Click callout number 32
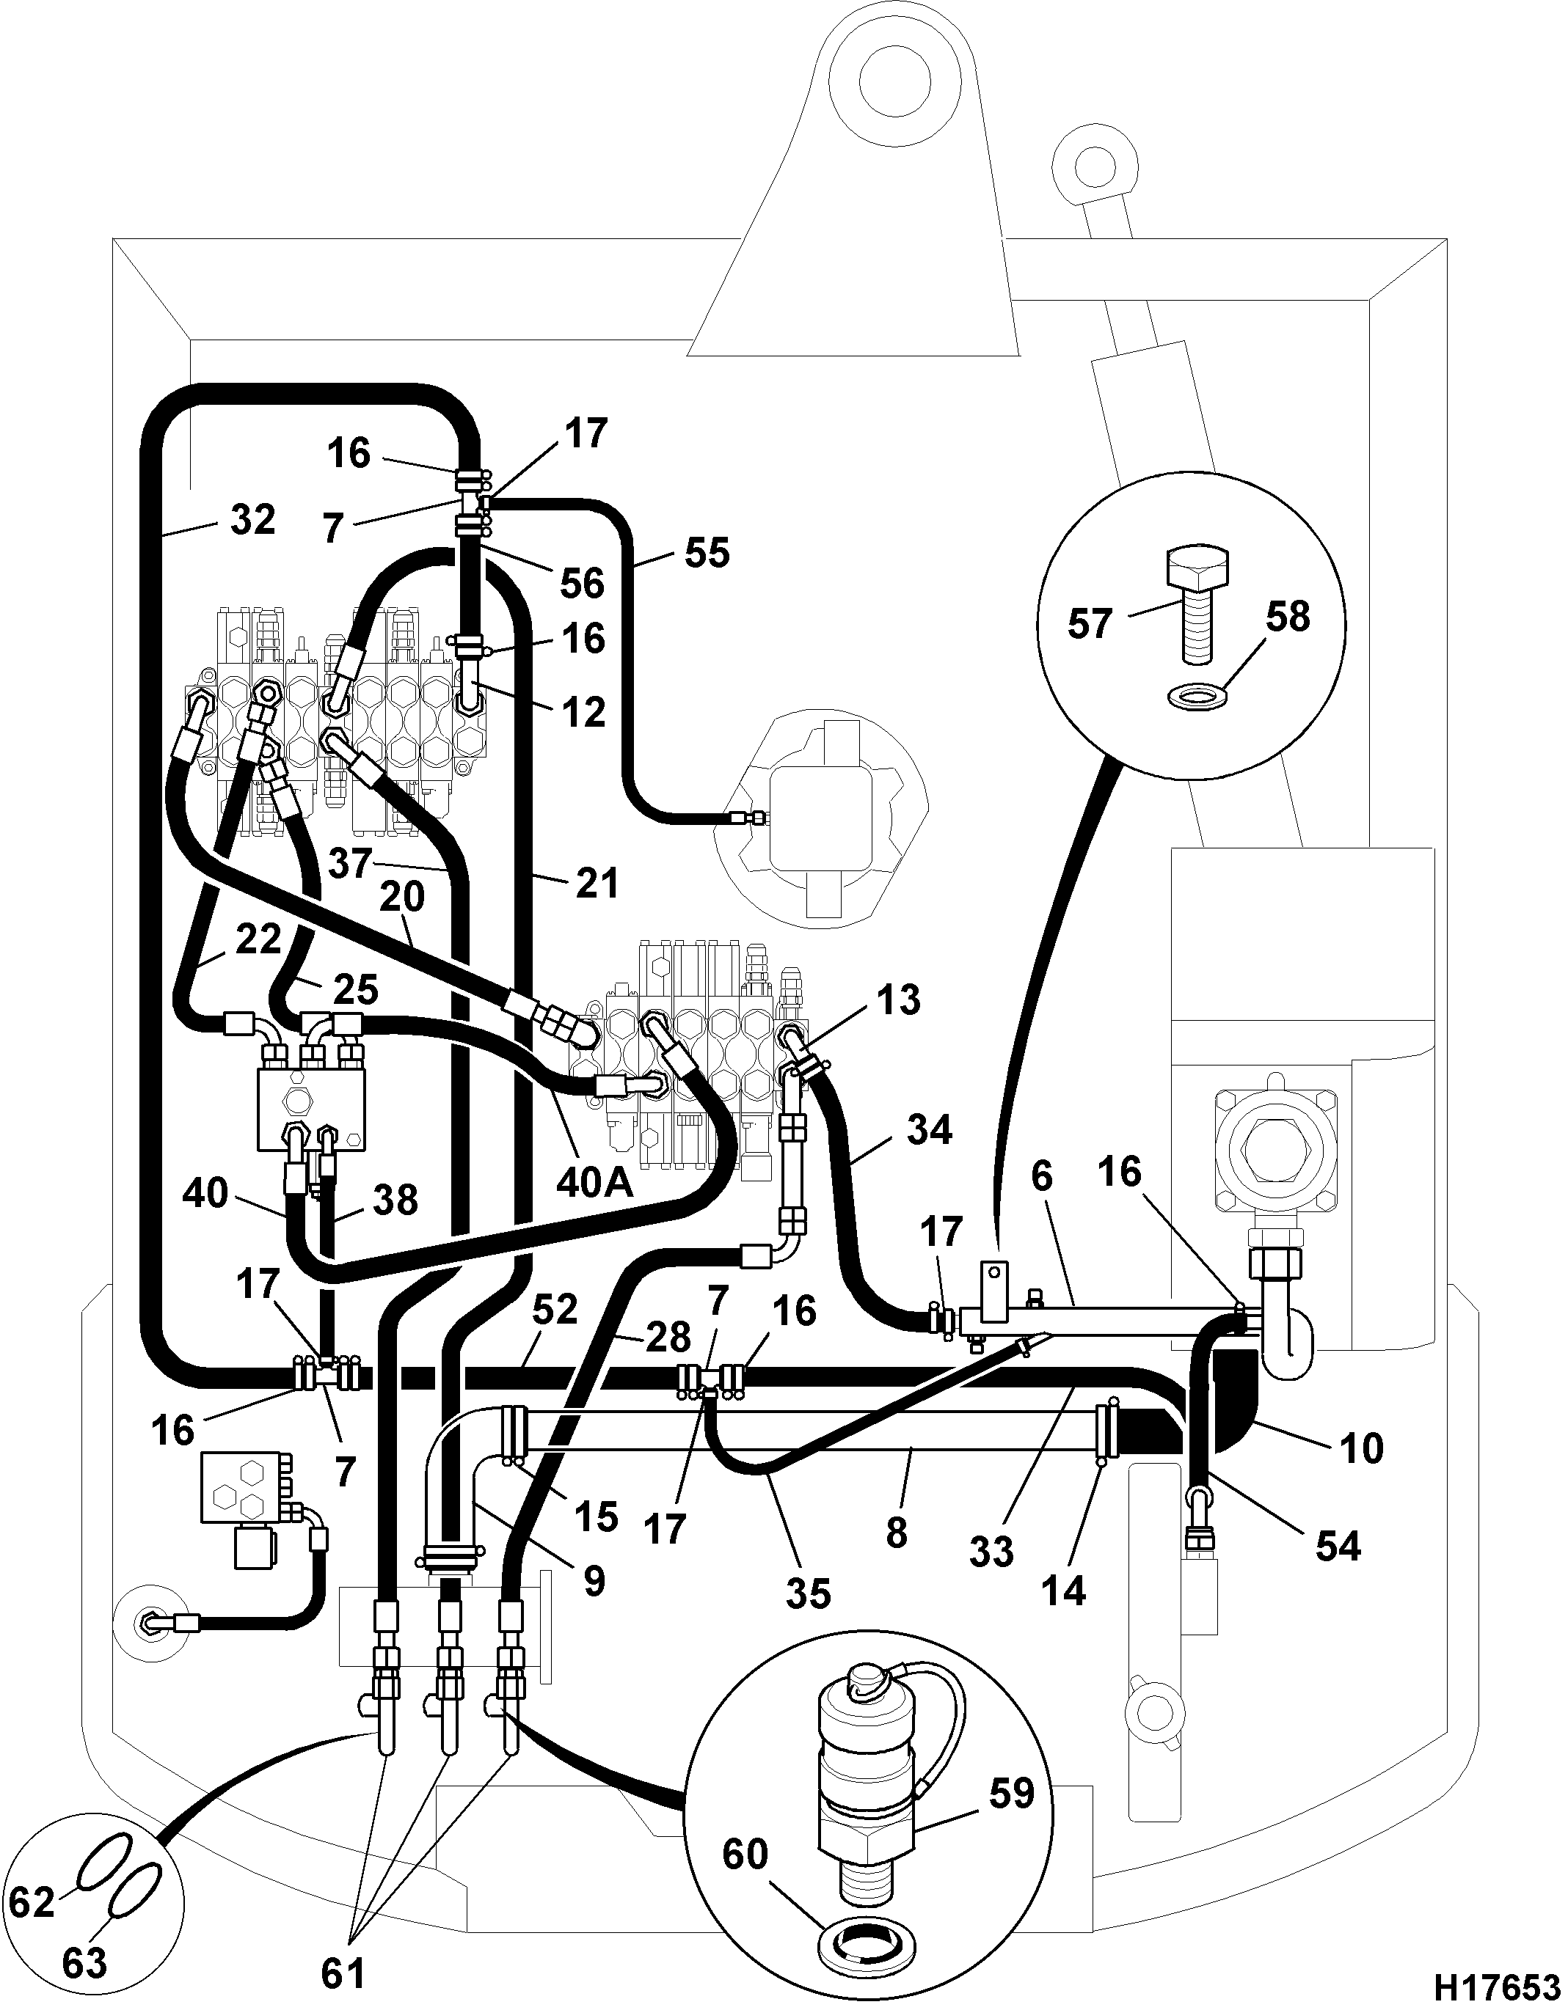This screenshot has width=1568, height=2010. point(252,520)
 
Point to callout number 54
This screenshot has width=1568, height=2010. point(1337,1547)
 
